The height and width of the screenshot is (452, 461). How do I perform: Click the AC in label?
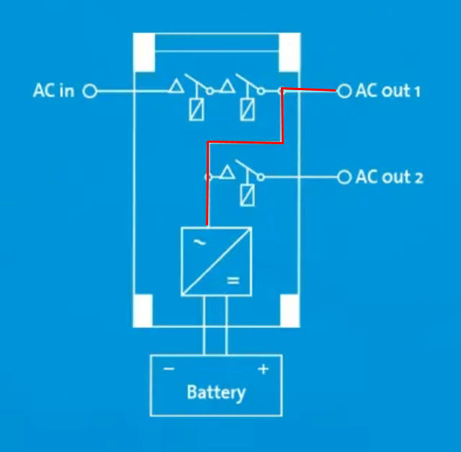pyautogui.click(x=53, y=92)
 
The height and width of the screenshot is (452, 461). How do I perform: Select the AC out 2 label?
pyautogui.click(x=389, y=177)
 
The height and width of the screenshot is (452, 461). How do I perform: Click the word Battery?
pyautogui.click(x=215, y=393)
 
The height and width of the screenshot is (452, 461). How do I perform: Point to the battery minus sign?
pyautogui.click(x=169, y=369)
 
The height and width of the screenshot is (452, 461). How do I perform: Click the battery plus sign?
pyautogui.click(x=263, y=369)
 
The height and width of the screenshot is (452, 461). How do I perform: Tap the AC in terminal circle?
pyautogui.click(x=90, y=92)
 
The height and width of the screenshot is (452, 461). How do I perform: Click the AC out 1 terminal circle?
pyautogui.click(x=344, y=92)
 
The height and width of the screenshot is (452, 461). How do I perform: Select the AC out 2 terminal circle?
pyautogui.click(x=344, y=177)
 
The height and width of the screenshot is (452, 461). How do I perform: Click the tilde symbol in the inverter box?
pyautogui.click(x=200, y=244)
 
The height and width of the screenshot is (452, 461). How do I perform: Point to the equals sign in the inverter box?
pyautogui.click(x=233, y=280)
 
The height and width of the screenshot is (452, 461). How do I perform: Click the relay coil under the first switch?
pyautogui.click(x=194, y=110)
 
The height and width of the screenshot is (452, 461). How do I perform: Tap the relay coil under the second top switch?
pyautogui.click(x=248, y=110)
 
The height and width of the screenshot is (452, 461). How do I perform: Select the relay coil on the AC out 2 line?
pyautogui.click(x=248, y=195)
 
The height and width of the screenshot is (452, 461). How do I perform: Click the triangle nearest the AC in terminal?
pyautogui.click(x=175, y=88)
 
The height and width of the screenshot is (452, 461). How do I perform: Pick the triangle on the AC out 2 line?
pyautogui.click(x=228, y=172)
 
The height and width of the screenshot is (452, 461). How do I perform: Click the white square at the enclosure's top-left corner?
pyautogui.click(x=144, y=51)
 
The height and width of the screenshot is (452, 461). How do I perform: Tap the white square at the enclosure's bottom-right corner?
pyautogui.click(x=290, y=311)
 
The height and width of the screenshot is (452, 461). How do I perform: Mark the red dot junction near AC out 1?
pyautogui.click(x=282, y=91)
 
